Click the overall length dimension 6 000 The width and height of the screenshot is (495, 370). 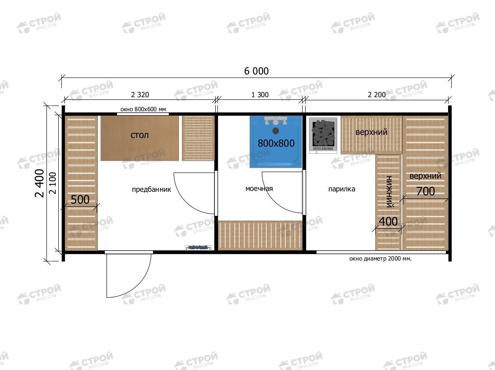[256, 71]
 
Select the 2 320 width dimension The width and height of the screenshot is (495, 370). [140, 95]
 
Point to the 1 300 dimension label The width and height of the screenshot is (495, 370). [260, 95]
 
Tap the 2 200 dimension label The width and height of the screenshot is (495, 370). [377, 95]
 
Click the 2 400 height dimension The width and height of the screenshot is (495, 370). [40, 183]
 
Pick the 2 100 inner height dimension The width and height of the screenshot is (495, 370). [53, 183]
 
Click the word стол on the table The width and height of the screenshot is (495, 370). [139, 135]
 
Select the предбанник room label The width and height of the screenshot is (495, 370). [152, 190]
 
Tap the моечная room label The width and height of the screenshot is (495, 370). [259, 188]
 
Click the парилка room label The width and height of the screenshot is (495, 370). [342, 189]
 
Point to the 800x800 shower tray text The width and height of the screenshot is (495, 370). [276, 143]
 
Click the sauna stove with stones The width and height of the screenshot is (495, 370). [323, 135]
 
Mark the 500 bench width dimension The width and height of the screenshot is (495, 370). [80, 200]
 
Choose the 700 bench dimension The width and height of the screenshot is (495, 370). [426, 191]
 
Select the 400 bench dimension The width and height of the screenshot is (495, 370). [388, 221]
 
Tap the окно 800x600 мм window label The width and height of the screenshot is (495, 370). [143, 109]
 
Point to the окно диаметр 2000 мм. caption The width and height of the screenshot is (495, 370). [381, 259]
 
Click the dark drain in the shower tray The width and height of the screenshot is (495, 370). [276, 131]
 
